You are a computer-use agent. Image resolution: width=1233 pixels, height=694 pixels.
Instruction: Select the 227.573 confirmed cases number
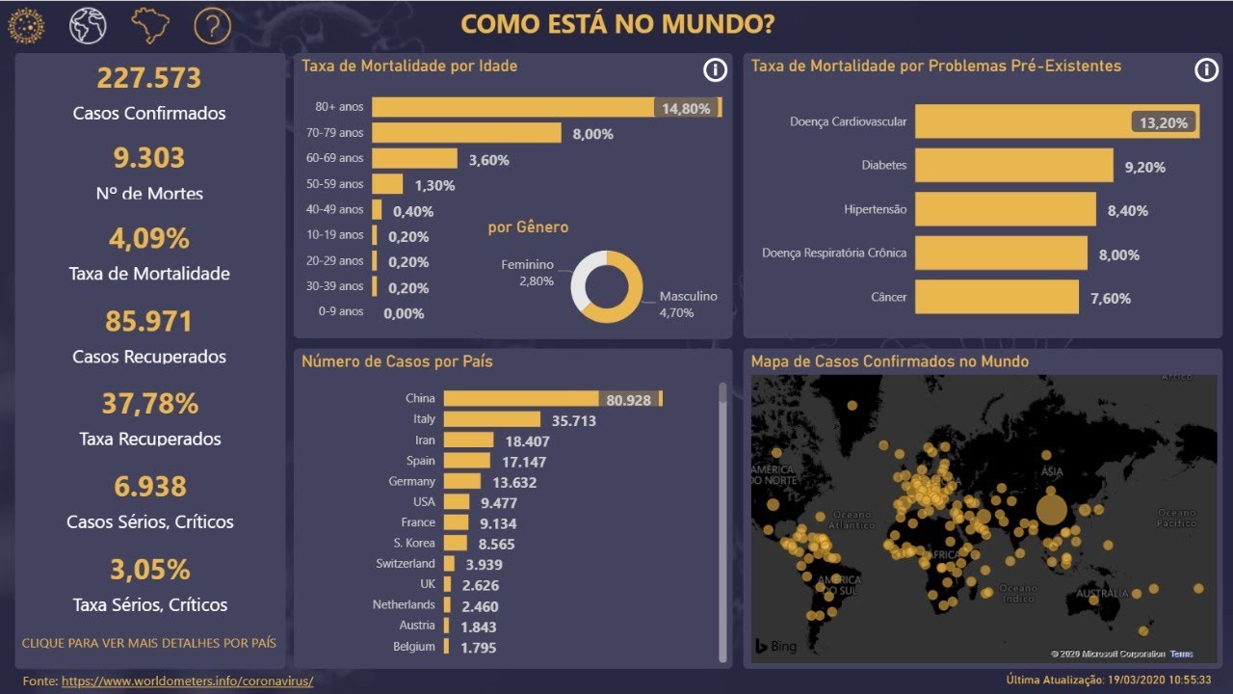point(149,78)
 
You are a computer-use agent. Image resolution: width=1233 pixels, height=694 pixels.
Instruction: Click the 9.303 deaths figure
point(148,158)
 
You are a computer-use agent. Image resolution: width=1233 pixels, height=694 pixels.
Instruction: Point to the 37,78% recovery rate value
point(149,403)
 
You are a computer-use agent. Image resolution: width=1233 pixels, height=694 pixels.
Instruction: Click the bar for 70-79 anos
point(466,133)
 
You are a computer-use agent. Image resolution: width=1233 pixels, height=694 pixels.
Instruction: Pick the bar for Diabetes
point(1013,166)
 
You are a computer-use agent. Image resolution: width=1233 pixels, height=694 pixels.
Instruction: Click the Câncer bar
point(996,298)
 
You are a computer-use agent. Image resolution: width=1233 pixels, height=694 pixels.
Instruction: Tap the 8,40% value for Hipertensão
point(1128,211)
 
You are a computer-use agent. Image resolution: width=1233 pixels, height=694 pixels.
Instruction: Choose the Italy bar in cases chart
point(491,419)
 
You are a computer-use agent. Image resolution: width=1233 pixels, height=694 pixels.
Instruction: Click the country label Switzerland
point(406,564)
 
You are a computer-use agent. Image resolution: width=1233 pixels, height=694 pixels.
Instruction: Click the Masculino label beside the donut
point(688,297)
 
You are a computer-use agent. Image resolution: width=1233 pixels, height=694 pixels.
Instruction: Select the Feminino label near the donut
point(527,265)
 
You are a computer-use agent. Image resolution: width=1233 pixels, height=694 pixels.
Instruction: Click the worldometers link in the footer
point(187,681)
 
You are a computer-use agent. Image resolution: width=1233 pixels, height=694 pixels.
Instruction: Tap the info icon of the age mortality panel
point(714,69)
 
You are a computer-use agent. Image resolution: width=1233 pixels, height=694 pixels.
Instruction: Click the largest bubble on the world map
point(1051,508)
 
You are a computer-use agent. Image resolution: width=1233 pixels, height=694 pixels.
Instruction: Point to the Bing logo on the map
point(775,646)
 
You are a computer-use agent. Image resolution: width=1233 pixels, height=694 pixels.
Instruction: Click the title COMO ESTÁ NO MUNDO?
point(616,25)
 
